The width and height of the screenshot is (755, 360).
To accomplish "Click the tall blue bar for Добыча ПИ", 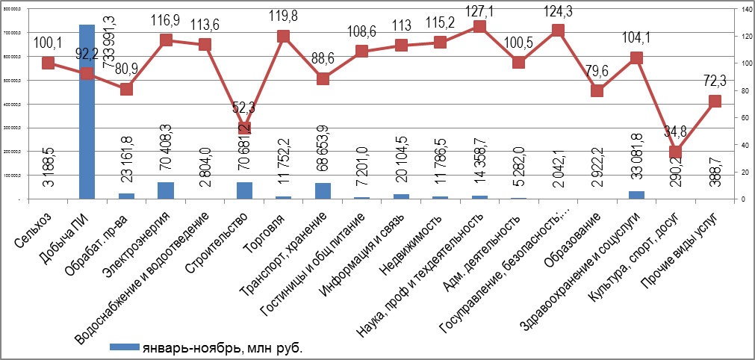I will [87, 112].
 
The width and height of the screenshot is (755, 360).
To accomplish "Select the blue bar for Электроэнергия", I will [165, 191].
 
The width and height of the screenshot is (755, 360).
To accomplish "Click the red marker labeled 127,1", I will [479, 27].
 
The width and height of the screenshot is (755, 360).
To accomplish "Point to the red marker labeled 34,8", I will [676, 152].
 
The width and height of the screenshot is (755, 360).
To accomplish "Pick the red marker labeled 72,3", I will [715, 102].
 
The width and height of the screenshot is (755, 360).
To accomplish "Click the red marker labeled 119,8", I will [283, 36].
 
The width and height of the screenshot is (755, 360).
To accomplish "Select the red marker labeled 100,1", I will [48, 63].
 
